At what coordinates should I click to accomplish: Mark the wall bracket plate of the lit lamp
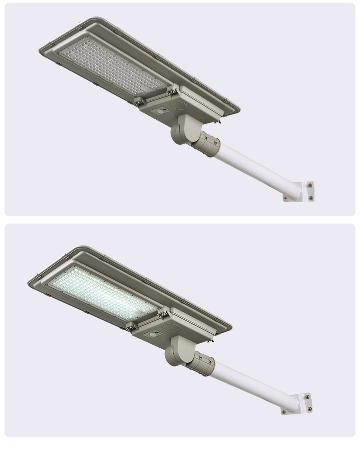click(296, 403)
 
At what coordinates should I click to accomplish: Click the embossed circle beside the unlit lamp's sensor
click(178, 107)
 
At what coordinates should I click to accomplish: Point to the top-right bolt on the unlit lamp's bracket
click(309, 185)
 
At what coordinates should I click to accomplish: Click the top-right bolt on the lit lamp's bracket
click(308, 397)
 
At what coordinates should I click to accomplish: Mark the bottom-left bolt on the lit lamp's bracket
click(284, 411)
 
